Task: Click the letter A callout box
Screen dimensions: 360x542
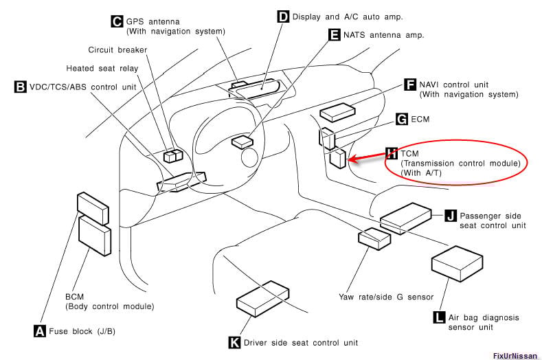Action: pyautogui.click(x=40, y=330)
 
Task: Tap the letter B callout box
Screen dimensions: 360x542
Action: pyautogui.click(x=20, y=87)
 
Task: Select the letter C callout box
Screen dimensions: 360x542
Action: pyautogui.click(x=117, y=21)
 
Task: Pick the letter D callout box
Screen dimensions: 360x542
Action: pyautogui.click(x=283, y=16)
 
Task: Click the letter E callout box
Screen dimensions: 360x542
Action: pyautogui.click(x=335, y=34)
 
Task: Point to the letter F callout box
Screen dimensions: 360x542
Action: pyautogui.click(x=409, y=85)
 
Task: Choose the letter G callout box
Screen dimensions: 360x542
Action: pyautogui.click(x=403, y=119)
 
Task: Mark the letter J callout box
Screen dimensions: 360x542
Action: pyautogui.click(x=450, y=215)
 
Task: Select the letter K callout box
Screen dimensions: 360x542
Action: pyautogui.click(x=235, y=342)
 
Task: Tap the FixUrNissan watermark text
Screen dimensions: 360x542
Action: pyautogui.click(x=515, y=355)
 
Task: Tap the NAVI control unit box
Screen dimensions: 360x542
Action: pyautogui.click(x=337, y=111)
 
